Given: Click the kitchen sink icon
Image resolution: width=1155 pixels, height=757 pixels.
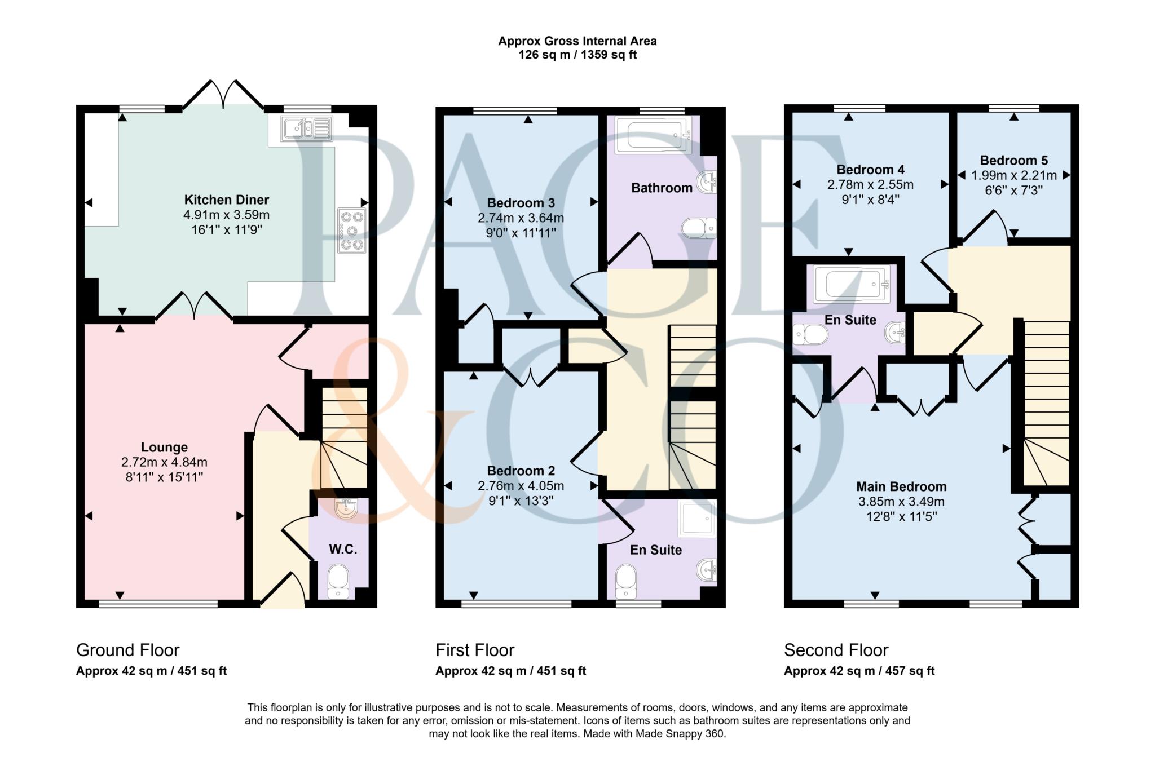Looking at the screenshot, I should point(307,129).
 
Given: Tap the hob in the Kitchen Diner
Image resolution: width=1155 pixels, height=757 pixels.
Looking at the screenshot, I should point(352,231).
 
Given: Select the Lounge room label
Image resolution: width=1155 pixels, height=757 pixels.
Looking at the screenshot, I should point(164,447).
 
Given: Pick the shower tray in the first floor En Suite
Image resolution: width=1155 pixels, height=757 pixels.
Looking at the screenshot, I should point(698,518).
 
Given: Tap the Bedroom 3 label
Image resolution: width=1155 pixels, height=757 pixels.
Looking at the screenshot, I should point(521,203).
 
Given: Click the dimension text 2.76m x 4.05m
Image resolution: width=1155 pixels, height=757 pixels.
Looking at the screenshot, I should point(521,486).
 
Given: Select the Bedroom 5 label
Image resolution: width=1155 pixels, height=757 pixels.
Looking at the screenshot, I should point(1013,160).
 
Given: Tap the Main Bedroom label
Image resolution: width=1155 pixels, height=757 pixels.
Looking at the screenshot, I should point(901,486).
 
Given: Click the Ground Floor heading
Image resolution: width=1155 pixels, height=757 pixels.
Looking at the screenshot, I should point(127,650).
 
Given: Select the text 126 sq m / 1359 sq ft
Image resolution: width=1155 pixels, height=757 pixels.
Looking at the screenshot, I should point(577,55).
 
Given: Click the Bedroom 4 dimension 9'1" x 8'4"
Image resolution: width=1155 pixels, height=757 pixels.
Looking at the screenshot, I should point(870,200).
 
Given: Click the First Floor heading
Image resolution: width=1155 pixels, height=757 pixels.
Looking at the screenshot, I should point(474,650).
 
